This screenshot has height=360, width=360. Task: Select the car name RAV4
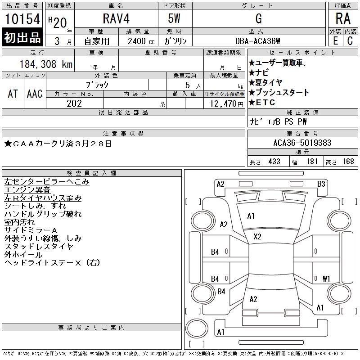[x=115, y=18]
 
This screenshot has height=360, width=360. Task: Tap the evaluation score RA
[x=343, y=18]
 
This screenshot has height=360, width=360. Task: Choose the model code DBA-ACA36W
[x=258, y=40]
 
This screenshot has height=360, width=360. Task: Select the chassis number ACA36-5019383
[x=302, y=143]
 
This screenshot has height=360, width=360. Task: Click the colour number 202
[x=74, y=103]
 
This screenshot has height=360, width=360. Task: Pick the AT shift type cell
[x=13, y=94]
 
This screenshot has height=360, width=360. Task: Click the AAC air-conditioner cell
[x=35, y=94]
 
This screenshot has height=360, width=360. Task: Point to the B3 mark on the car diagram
[x=321, y=184]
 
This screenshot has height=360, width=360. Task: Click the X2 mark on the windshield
[x=257, y=236]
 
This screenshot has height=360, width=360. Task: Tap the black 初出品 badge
[x=22, y=38]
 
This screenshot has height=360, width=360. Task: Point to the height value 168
[x=348, y=162]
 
